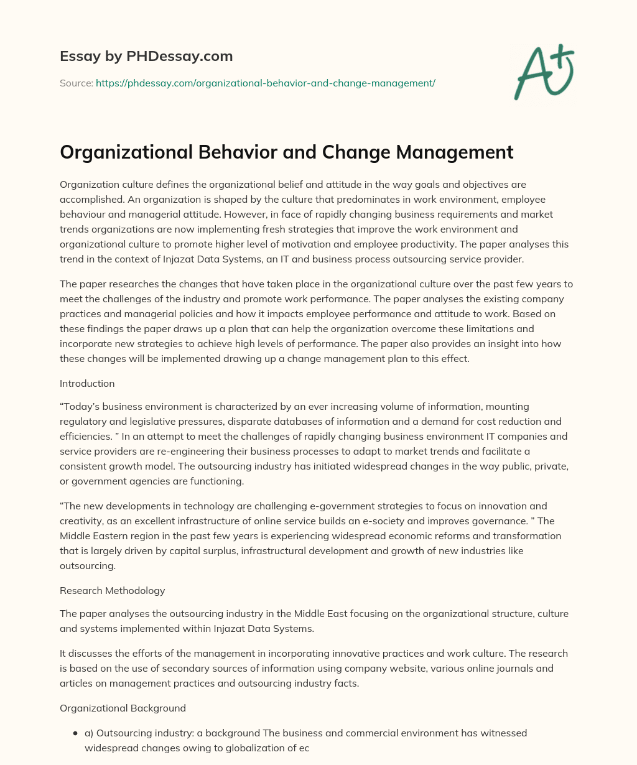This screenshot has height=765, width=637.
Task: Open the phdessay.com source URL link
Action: (265, 83)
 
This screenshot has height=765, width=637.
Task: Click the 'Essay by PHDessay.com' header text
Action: (146, 57)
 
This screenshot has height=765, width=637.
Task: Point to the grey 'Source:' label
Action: (76, 83)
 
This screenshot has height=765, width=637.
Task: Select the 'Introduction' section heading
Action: (87, 383)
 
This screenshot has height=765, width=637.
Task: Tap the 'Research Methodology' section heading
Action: (112, 590)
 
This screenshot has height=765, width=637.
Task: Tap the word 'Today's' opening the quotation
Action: (80, 406)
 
